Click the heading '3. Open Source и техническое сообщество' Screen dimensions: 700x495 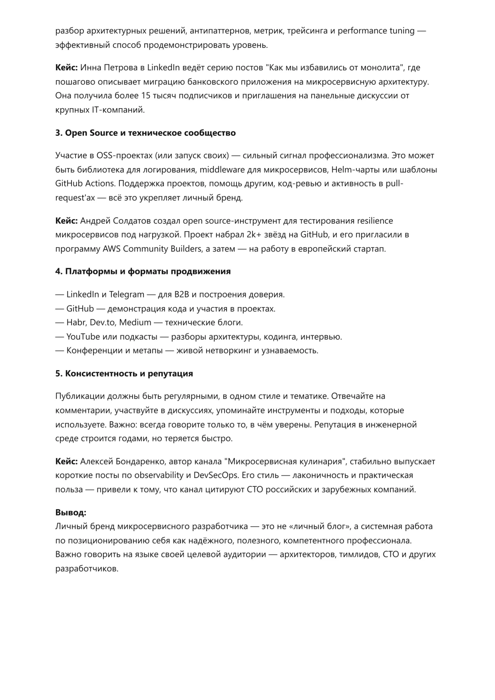tap(145, 133)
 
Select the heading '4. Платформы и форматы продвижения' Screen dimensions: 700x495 tap(143, 272)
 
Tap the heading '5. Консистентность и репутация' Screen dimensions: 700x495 tap(124, 374)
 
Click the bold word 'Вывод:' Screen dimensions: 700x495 tap(70, 512)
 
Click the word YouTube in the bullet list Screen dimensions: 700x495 tap(83, 337)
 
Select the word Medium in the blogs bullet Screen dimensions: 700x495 tap(135, 323)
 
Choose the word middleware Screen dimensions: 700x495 tap(222, 170)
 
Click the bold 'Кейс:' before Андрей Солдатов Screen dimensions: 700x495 tap(66, 221)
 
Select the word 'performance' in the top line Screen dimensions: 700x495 tap(362, 31)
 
